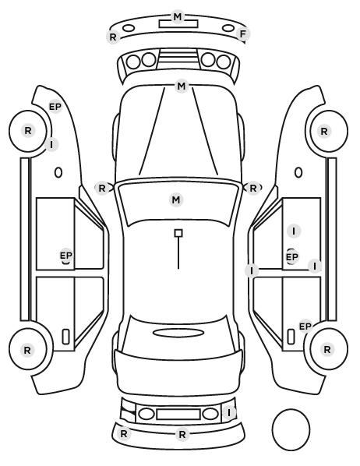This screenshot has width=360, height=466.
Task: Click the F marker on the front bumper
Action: click(x=243, y=34)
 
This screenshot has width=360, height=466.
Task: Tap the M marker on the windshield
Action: click(x=176, y=199)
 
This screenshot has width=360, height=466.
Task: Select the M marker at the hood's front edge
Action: click(x=182, y=86)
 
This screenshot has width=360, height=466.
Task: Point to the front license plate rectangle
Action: click(x=178, y=24)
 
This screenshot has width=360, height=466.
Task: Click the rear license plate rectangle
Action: click(x=178, y=415)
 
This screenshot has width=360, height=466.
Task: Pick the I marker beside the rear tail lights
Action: click(x=229, y=412)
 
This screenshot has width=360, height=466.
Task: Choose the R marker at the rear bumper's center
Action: click(x=182, y=435)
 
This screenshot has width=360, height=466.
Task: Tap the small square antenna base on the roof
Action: click(x=178, y=233)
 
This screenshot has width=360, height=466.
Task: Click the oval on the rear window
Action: click(x=178, y=333)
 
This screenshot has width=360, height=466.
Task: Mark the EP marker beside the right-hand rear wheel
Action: click(x=305, y=327)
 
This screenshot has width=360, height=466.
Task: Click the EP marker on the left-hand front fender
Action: click(x=55, y=107)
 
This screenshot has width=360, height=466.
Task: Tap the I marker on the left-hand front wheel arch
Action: click(x=51, y=144)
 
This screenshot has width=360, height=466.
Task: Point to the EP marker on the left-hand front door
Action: click(x=66, y=256)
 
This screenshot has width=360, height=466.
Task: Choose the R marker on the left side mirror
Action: click(x=101, y=188)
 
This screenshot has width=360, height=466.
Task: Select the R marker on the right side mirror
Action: click(x=252, y=188)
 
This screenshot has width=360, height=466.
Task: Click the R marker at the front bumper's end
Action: click(x=113, y=37)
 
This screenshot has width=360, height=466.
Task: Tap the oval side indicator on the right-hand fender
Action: click(x=298, y=172)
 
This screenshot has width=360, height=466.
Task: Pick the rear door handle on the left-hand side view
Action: click(x=65, y=337)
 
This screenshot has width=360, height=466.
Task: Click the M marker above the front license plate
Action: click(x=178, y=16)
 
